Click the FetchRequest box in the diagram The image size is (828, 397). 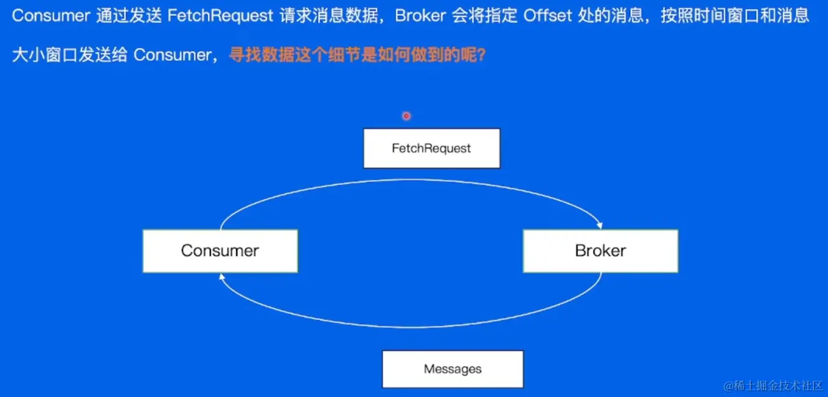[431, 148]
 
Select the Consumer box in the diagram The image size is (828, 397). [220, 251]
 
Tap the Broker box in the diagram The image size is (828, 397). [600, 251]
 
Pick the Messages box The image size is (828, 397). [453, 369]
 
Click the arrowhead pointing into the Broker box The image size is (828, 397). [599, 225]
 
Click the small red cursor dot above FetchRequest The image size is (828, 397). [406, 116]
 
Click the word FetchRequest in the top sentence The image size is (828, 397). [220, 16]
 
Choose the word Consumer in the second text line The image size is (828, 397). [172, 55]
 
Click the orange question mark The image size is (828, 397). [481, 55]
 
